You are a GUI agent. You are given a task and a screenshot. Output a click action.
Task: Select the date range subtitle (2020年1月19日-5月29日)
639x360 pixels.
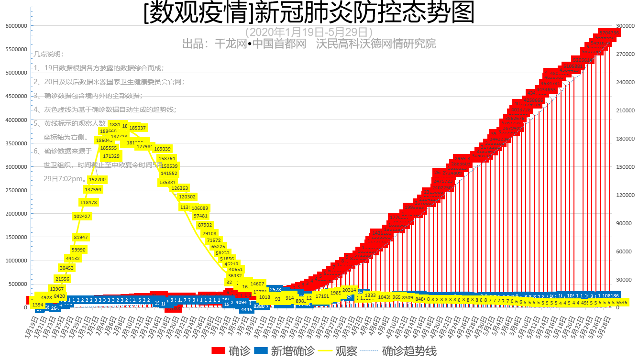pos(309,33)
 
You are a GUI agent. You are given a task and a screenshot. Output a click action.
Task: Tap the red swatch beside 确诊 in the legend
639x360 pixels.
pos(218,351)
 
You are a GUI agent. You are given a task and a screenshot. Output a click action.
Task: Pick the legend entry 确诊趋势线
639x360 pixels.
pos(409,351)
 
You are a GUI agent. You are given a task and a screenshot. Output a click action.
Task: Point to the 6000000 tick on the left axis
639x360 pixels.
pos(16,26)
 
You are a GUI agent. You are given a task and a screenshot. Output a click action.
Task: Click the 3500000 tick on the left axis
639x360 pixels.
pos(16,143)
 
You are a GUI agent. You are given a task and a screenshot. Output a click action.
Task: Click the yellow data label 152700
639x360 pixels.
pos(98,179)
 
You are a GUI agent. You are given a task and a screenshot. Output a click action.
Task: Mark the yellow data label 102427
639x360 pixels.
pos(82,216)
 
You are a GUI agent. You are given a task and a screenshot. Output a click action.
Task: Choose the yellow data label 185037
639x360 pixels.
pos(138,128)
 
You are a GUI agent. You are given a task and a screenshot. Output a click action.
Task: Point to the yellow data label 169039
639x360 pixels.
pos(163,149)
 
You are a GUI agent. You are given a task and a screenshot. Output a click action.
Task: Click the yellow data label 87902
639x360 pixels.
pos(205,225)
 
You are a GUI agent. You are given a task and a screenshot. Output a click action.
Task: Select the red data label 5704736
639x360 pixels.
pos(610,33)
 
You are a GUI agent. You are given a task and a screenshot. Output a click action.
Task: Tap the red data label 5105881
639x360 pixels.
pos(573,66)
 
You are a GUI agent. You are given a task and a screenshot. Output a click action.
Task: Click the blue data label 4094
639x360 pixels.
pos(242,302)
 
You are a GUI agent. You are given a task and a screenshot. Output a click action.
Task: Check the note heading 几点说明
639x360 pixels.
pos(48,55)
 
